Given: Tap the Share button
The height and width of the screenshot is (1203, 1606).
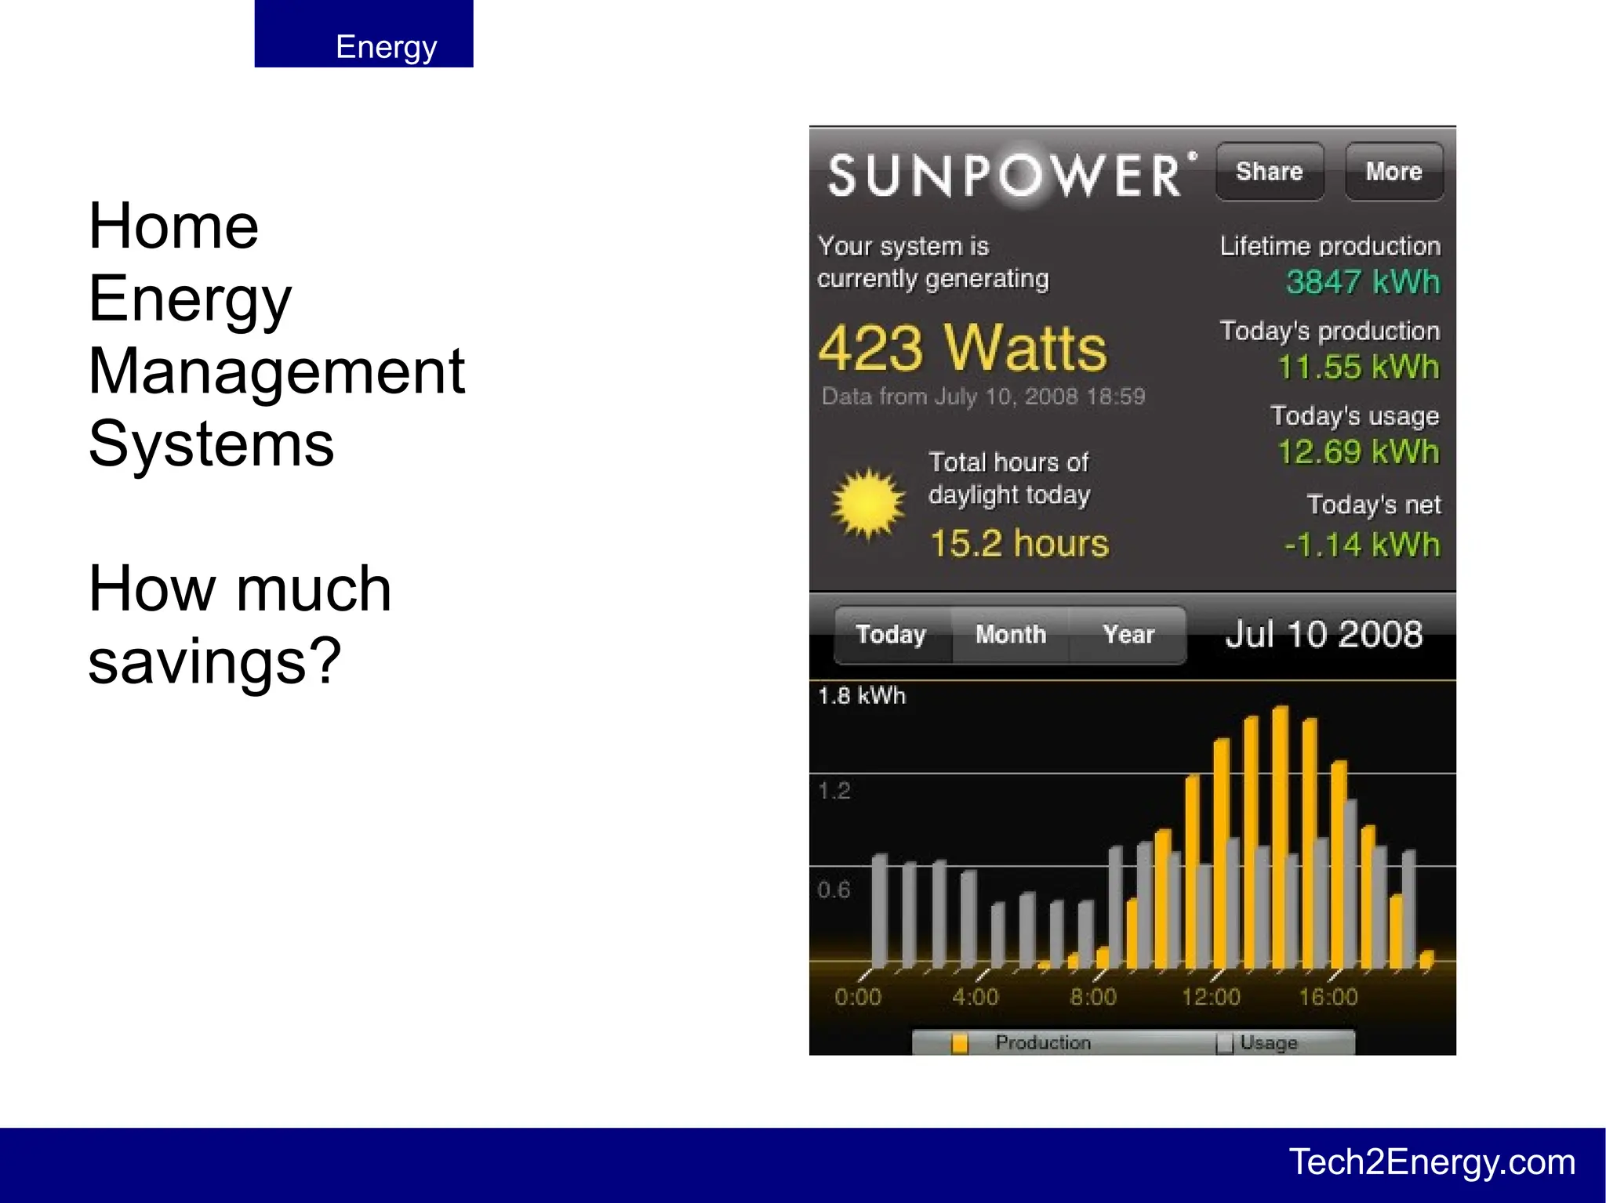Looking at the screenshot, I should click(x=1269, y=172).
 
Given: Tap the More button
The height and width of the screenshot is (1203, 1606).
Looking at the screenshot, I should click(x=1393, y=172).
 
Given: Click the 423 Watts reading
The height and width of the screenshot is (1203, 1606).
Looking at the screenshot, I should click(x=962, y=348).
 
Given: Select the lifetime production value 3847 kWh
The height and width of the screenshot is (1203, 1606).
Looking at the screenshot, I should click(x=1363, y=282).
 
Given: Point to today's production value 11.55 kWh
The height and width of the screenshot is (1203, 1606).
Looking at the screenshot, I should click(x=1358, y=367).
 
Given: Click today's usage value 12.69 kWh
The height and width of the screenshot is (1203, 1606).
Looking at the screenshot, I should click(x=1358, y=452).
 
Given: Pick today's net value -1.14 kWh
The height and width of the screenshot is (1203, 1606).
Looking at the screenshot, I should click(x=1362, y=545).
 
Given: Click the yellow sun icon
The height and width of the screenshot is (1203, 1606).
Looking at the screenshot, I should click(x=867, y=505).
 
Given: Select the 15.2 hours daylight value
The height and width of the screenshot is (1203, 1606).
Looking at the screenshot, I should click(x=1019, y=543).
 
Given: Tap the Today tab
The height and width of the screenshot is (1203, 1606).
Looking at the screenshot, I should click(x=891, y=634).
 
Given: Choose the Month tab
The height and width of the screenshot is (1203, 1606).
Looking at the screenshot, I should click(x=1011, y=634).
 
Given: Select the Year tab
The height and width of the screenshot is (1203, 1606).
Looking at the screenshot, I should click(x=1128, y=634).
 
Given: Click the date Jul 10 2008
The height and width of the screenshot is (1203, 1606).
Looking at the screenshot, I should click(x=1324, y=634).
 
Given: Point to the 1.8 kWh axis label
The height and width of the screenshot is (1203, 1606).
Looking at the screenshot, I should click(x=861, y=696).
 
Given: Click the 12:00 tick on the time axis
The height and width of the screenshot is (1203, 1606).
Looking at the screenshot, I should click(x=1211, y=996).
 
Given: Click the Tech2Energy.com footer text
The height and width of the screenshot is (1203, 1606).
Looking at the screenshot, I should click(x=1432, y=1162).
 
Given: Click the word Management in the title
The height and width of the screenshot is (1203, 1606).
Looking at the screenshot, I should click(x=277, y=371).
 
